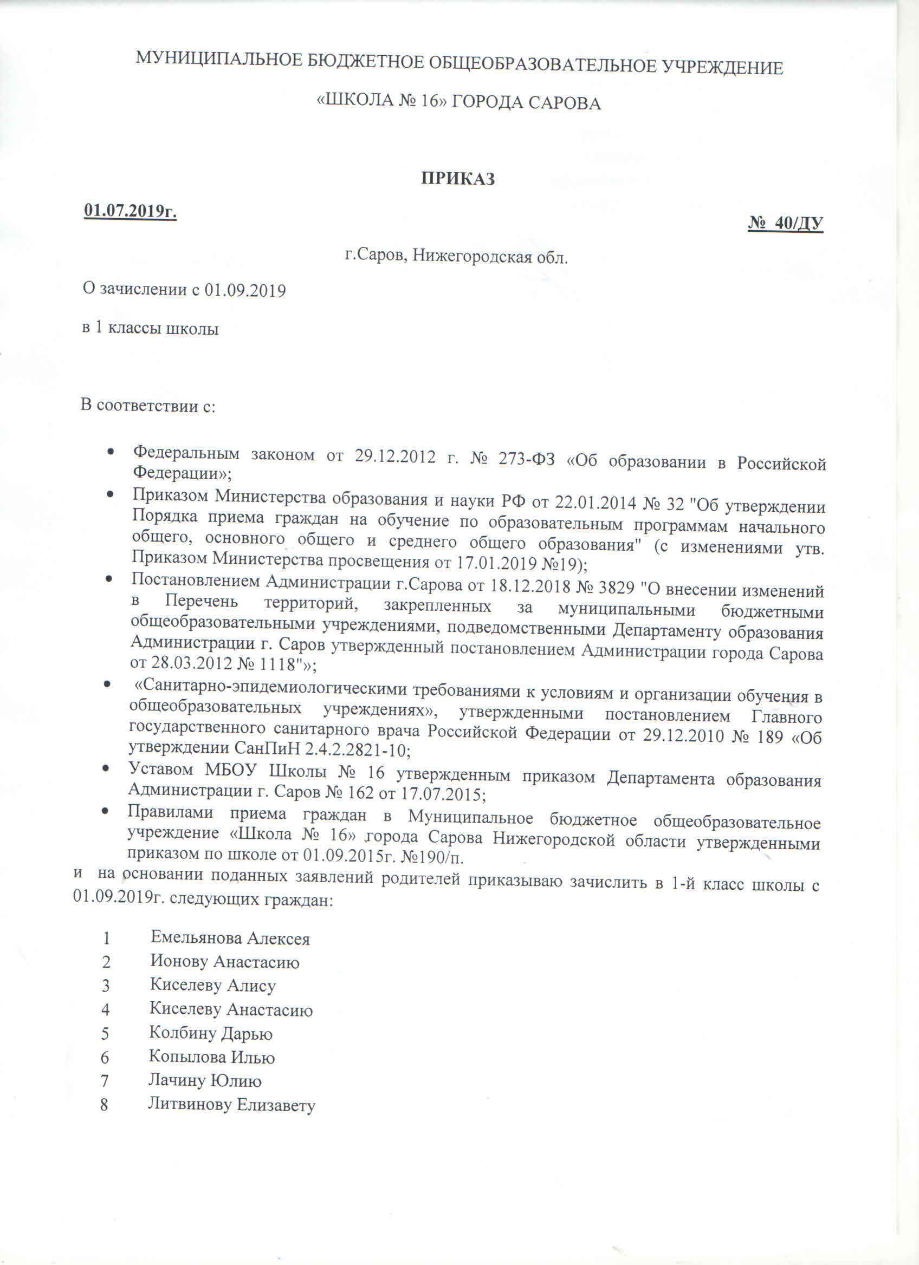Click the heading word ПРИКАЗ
(x=457, y=179)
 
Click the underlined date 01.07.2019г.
(x=131, y=211)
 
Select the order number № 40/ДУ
(x=785, y=223)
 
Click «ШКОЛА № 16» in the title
(x=380, y=102)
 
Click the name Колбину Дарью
(x=211, y=1034)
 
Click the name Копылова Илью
(x=211, y=1057)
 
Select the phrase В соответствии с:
(x=148, y=406)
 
